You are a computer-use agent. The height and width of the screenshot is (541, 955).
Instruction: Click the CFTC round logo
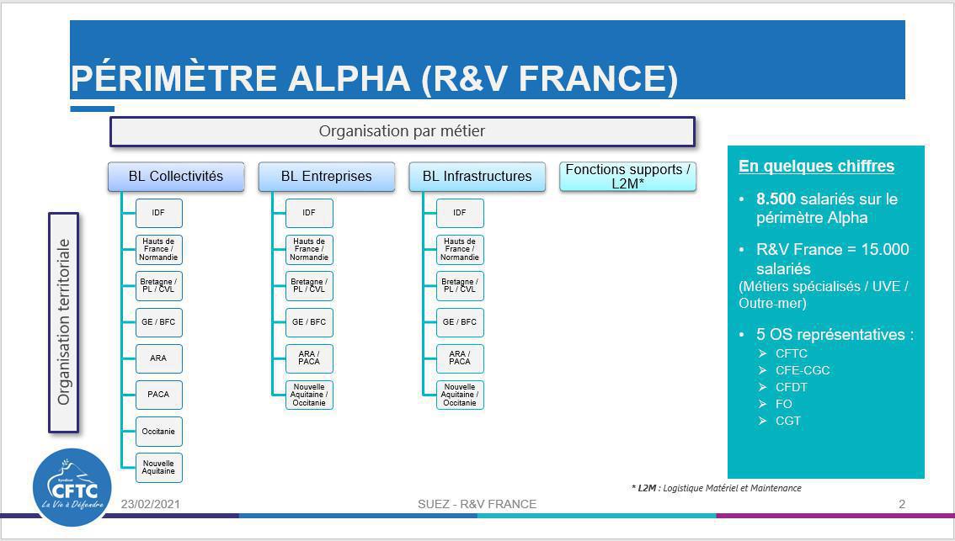(x=72, y=487)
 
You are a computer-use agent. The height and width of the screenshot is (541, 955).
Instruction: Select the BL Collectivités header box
(x=176, y=177)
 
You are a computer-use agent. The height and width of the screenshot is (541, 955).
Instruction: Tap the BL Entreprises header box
(x=326, y=177)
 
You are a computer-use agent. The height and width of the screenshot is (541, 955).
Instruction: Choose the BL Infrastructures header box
(x=477, y=177)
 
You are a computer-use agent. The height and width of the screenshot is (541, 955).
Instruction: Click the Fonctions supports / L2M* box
(x=627, y=177)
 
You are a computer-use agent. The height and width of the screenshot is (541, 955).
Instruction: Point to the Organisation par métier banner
(x=402, y=131)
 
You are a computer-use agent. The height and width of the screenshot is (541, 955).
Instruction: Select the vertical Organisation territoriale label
(x=64, y=322)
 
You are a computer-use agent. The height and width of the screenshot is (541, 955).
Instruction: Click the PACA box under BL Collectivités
(x=159, y=395)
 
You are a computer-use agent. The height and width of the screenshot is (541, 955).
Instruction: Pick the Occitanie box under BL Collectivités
(x=159, y=431)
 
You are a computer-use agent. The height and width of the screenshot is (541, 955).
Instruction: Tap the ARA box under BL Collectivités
(x=159, y=358)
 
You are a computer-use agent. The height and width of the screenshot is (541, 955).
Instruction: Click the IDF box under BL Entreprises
(x=309, y=213)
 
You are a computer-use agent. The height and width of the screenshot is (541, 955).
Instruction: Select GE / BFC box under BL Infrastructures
(x=460, y=322)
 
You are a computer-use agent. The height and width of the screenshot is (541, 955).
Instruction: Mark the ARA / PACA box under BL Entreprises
(x=309, y=358)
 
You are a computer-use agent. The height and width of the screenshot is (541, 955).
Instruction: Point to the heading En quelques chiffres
(x=816, y=167)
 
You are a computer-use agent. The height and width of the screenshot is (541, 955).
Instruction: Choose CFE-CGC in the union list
(x=803, y=370)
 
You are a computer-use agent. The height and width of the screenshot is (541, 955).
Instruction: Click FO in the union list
(x=783, y=404)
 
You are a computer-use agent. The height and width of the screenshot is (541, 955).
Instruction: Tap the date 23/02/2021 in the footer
(x=151, y=504)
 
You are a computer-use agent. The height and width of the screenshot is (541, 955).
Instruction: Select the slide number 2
(x=902, y=504)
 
